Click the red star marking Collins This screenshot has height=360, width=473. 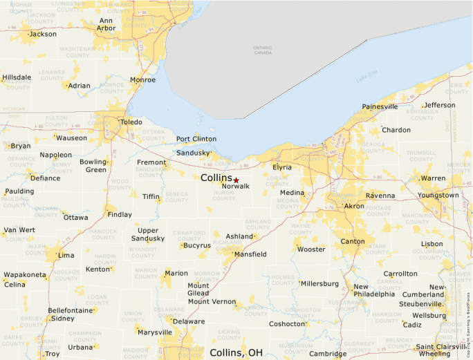pos(236,180)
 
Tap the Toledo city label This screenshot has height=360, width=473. pos(131,122)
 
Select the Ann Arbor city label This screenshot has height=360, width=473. pos(106,24)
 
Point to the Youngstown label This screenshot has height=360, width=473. pos(438,195)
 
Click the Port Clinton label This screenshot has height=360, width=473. pos(196,139)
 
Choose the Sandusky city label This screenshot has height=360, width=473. pos(192,153)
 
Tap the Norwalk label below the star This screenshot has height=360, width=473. pos(235,187)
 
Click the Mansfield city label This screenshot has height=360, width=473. pos(250,254)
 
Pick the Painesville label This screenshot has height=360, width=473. pos(380,107)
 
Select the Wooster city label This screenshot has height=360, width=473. pos(311,249)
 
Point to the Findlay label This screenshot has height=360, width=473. pos(120,215)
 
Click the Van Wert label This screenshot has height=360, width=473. pos(19,230)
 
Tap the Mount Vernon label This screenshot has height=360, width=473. pos(212,302)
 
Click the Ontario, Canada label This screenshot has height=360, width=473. pos(263,50)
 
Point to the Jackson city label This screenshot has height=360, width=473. pos(43,34)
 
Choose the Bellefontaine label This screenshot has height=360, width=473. pos(71,311)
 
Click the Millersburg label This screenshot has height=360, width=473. pos(319,284)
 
